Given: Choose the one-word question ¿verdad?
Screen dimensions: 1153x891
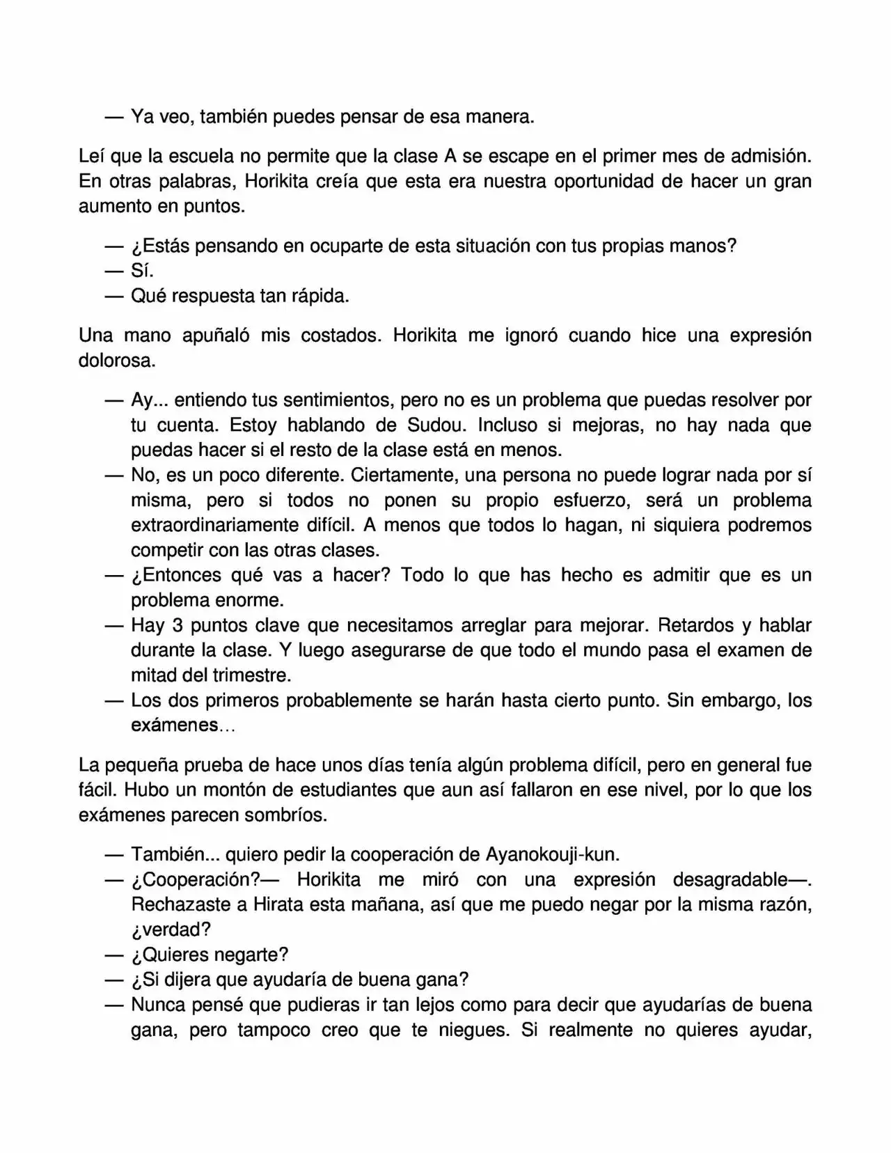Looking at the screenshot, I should [x=171, y=930].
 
